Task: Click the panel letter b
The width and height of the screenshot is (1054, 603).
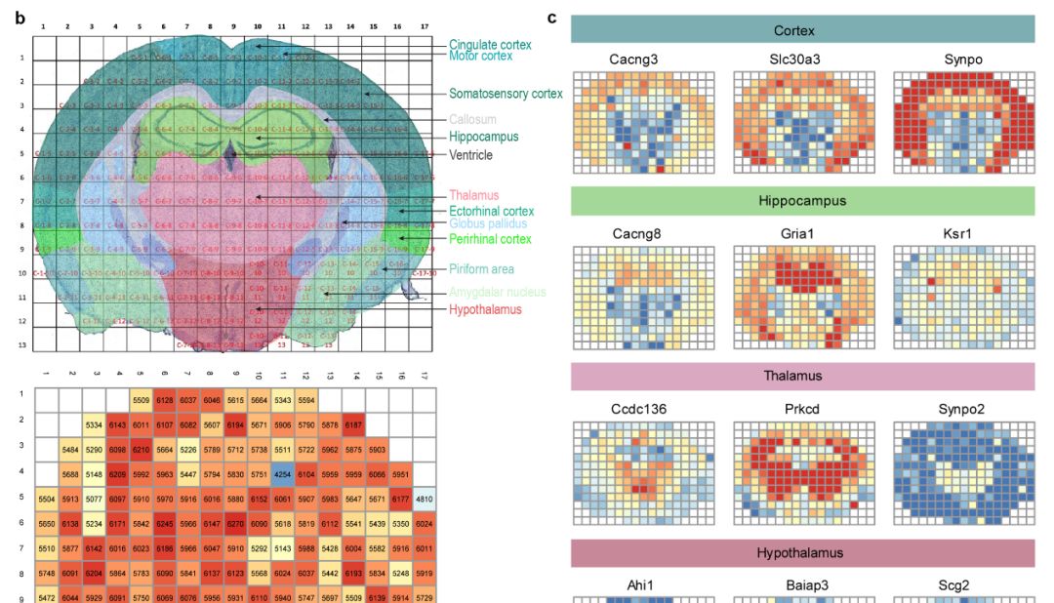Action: [20, 18]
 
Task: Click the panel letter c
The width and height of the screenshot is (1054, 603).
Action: [552, 18]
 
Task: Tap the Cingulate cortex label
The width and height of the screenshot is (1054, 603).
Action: [491, 45]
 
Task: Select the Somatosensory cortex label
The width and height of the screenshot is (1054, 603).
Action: [506, 94]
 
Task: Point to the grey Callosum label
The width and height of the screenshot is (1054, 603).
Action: [472, 119]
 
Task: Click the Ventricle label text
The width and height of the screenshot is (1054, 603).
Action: [471, 155]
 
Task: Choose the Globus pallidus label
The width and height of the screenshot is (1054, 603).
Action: [488, 223]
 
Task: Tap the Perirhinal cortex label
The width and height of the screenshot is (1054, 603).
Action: [490, 239]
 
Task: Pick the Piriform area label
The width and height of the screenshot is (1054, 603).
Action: [482, 269]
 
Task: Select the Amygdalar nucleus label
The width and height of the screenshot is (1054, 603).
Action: [498, 292]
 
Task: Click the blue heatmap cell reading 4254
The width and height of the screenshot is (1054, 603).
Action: [282, 474]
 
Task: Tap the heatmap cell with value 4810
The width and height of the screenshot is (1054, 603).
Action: [424, 499]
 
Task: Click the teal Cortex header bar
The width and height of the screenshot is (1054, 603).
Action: [802, 30]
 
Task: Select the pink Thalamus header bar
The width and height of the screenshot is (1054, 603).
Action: [802, 376]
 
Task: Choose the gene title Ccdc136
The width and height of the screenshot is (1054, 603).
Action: [640, 409]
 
